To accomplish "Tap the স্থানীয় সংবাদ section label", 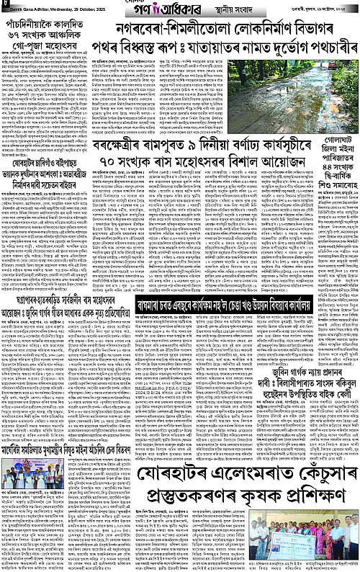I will pos(231,11).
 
